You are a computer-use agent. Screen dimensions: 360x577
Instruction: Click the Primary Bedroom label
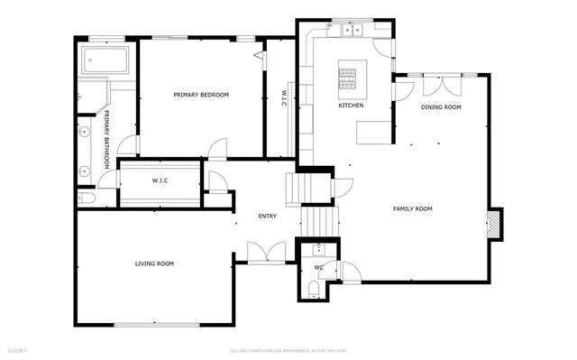pyautogui.click(x=201, y=95)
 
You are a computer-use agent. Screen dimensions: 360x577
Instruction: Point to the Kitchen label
pyautogui.click(x=351, y=106)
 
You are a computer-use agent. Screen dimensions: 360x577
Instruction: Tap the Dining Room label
pyautogui.click(x=441, y=107)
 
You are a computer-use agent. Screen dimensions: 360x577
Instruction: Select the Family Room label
pyautogui.click(x=412, y=208)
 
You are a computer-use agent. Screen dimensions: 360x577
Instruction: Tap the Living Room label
pyautogui.click(x=154, y=263)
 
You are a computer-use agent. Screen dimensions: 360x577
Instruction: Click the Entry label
pyautogui.click(x=268, y=216)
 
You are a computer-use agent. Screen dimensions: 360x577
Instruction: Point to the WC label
pyautogui.click(x=318, y=268)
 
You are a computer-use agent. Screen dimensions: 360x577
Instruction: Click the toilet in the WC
pyautogui.click(x=312, y=288)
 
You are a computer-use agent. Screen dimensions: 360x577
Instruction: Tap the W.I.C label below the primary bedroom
pyautogui.click(x=160, y=180)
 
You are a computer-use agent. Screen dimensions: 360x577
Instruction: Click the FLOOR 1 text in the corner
pyautogui.click(x=18, y=349)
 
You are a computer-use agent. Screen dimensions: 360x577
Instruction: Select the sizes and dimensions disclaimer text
pyautogui.click(x=288, y=349)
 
